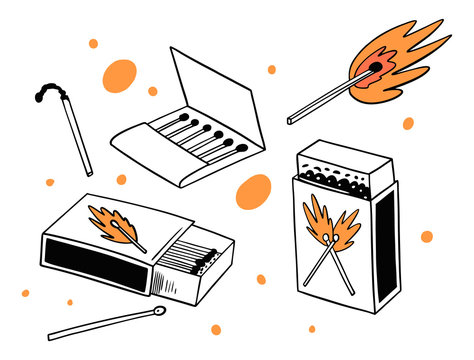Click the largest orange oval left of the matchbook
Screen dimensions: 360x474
pos(119,75)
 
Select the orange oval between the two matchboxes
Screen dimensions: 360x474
pos(254,193)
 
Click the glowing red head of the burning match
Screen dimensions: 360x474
pos(374,68)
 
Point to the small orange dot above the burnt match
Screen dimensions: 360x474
pos(93,44)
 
